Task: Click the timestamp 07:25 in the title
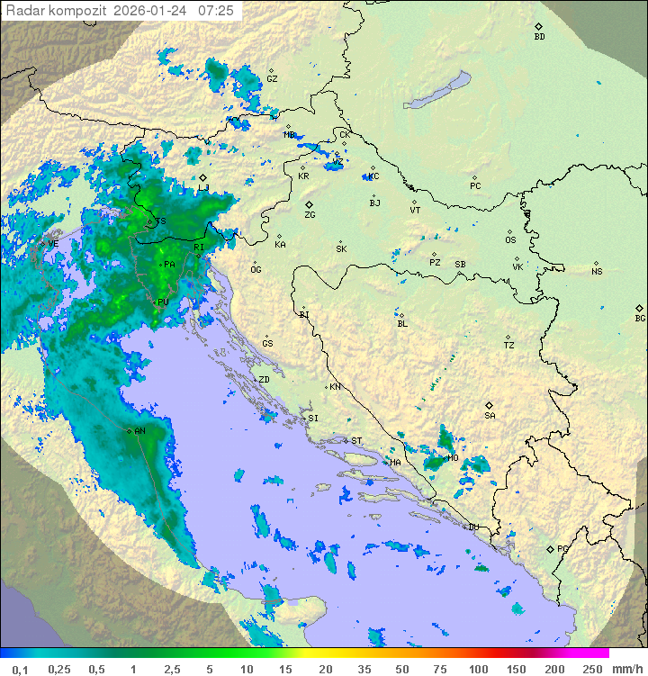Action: pyautogui.click(x=216, y=11)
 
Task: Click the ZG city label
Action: pyautogui.click(x=310, y=215)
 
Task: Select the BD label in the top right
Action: pyautogui.click(x=539, y=37)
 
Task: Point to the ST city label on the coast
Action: pyautogui.click(x=356, y=441)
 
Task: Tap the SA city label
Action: pyautogui.click(x=490, y=416)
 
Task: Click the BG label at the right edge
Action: pyautogui.click(x=640, y=318)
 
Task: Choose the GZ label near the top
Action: pyautogui.click(x=272, y=79)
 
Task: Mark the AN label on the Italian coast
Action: pyautogui.click(x=139, y=431)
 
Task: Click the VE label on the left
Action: pyautogui.click(x=52, y=244)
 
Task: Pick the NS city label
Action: pyautogui.click(x=597, y=272)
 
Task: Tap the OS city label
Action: pyautogui.click(x=510, y=240)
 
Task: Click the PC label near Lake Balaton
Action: pyautogui.click(x=475, y=186)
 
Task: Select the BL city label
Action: pyautogui.click(x=402, y=323)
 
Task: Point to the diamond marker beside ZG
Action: pyautogui.click(x=309, y=205)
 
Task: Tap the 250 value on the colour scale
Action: pyautogui.click(x=591, y=669)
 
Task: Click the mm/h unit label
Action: pyautogui.click(x=627, y=669)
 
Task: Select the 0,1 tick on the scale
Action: pyautogui.click(x=20, y=669)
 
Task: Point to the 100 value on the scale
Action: pyautogui.click(x=478, y=669)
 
